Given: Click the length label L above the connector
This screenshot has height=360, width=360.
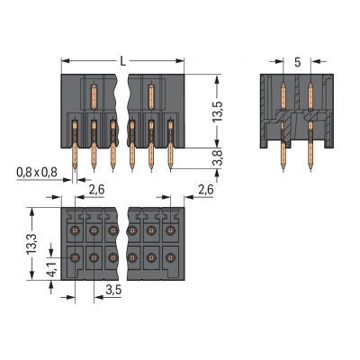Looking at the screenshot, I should [x=122, y=60].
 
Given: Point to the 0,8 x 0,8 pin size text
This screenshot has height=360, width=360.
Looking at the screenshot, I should [x=35, y=172].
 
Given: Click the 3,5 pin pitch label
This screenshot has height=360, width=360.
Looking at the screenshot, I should [x=113, y=290].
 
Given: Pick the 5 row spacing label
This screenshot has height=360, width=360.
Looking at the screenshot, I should [x=297, y=62].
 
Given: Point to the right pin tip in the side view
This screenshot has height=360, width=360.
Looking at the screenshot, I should [x=310, y=169].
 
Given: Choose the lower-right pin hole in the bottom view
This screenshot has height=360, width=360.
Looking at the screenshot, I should [x=171, y=258].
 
